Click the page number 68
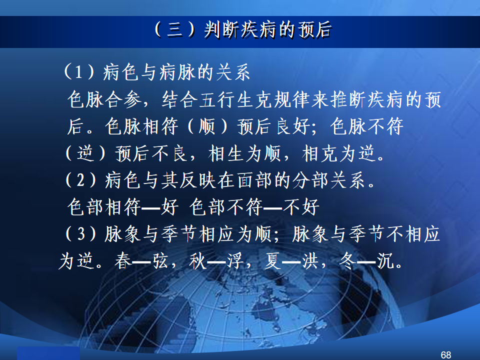coord(445,354)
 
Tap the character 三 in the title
coord(175,30)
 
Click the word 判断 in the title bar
coord(221,30)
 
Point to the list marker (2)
coord(80,179)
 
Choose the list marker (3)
coord(80,233)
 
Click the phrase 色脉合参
coord(104,99)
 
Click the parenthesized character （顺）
coord(207,126)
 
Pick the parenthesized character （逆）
coord(85,153)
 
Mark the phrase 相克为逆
coord(338,153)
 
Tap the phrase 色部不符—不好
coord(254,207)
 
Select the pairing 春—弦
coord(141,261)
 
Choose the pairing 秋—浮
coord(216,261)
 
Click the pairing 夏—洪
coord(291,261)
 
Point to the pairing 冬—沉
coord(366,261)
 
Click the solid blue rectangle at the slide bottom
coord(48,353)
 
